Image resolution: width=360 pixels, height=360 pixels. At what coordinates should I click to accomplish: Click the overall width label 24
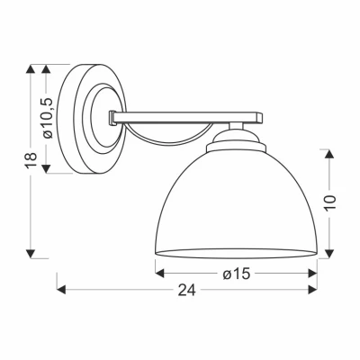(x=187, y=290)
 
